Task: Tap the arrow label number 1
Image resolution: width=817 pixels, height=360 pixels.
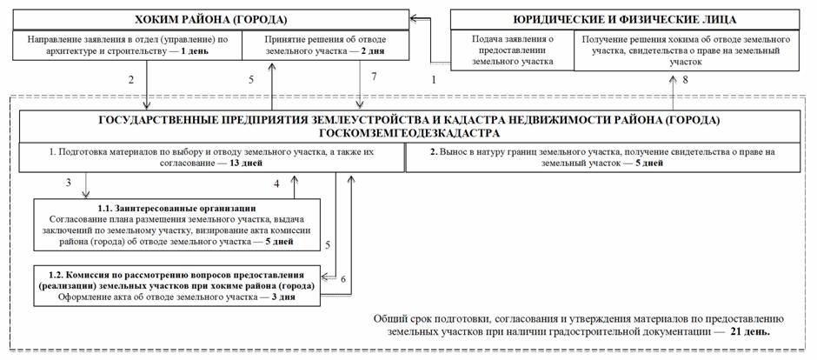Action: click(x=434, y=80)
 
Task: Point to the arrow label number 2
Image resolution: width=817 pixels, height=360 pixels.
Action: click(x=130, y=80)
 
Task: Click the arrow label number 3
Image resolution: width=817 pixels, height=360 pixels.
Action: click(x=68, y=183)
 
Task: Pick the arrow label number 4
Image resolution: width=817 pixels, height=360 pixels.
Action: click(x=276, y=183)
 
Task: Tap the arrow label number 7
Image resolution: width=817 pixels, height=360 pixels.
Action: click(x=375, y=78)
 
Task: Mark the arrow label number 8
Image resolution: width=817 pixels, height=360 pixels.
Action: click(x=684, y=80)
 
